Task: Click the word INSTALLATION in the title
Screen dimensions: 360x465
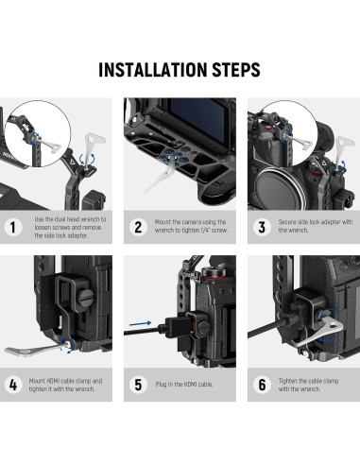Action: [153, 70]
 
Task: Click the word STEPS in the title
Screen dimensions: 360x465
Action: [236, 70]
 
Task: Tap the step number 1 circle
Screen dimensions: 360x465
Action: [13, 227]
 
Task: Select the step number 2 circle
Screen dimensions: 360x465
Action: [138, 227]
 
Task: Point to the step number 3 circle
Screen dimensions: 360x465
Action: [262, 227]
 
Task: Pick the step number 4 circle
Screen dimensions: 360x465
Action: [13, 385]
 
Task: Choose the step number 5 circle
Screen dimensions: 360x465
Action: [138, 385]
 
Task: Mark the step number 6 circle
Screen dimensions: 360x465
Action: [262, 385]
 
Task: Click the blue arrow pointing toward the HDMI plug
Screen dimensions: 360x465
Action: [140, 323]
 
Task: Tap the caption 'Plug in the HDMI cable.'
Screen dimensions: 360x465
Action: [184, 385]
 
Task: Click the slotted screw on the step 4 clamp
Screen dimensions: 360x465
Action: [86, 297]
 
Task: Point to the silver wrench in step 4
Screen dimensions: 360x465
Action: [35, 349]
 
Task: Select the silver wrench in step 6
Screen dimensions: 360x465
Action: [318, 333]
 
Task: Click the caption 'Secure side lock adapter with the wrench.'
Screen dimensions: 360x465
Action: [316, 226]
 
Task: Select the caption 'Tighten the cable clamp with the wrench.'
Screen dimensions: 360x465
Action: [308, 385]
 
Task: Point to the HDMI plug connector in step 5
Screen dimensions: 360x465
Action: [177, 328]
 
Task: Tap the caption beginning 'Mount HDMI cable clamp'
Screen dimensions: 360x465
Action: [65, 385]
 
